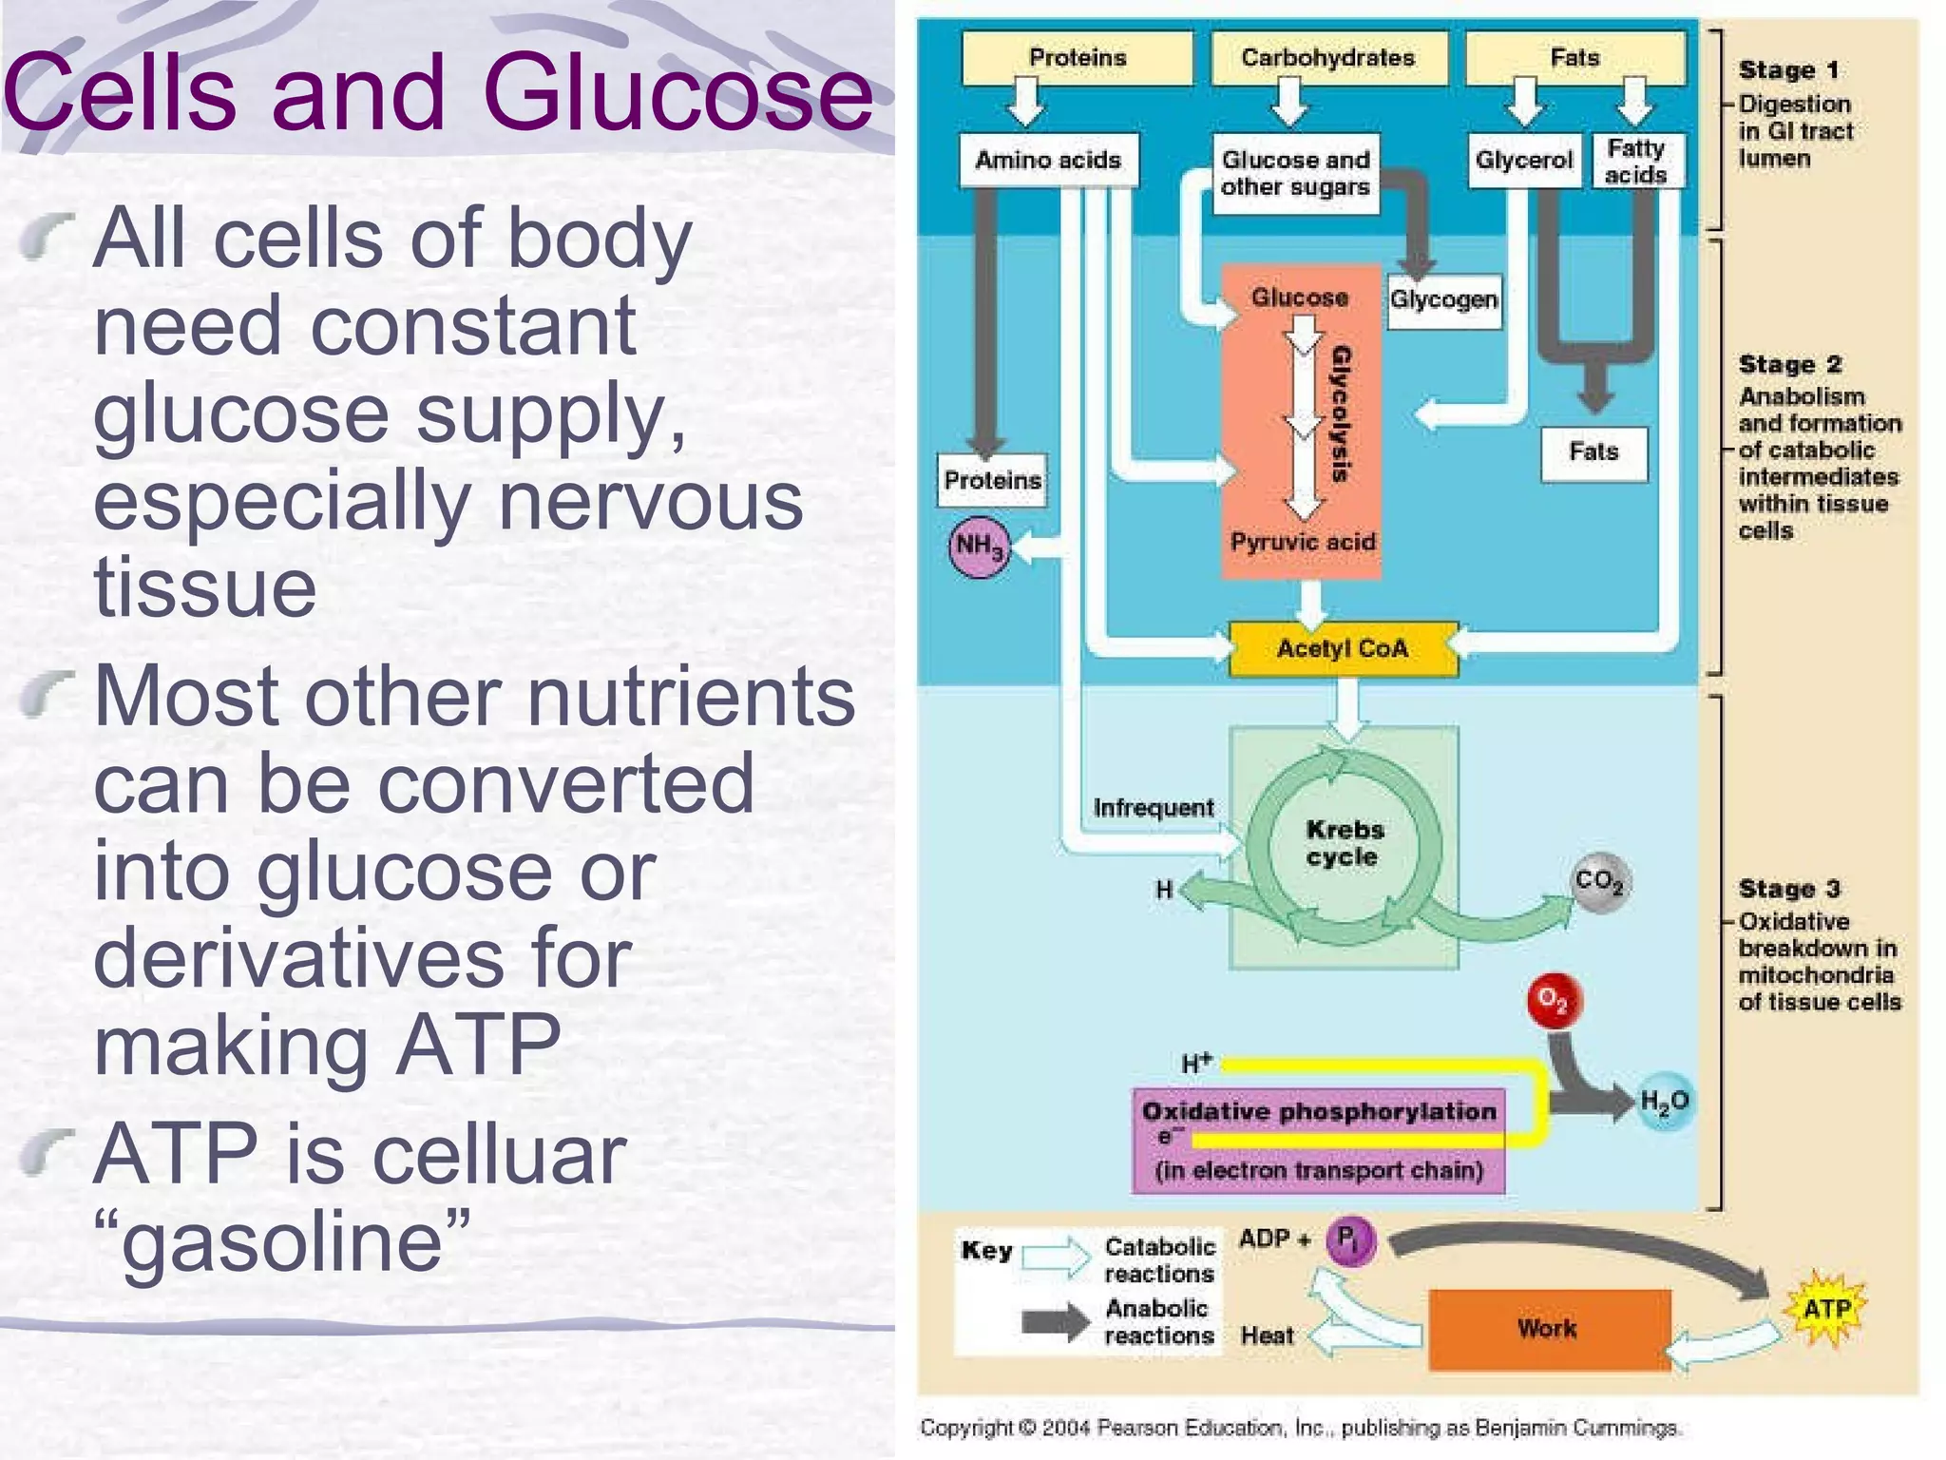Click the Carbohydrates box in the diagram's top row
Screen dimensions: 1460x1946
1328,58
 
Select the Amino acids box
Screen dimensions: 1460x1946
1048,160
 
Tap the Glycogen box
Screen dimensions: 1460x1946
1443,300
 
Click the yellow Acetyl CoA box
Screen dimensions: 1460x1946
1342,649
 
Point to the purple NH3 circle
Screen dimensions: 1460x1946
979,547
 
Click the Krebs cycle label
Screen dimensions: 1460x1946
1344,843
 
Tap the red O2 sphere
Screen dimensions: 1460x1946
1553,1000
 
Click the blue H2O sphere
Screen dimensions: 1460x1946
1665,1102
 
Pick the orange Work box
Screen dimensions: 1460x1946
1548,1329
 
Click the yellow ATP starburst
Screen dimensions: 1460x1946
1825,1310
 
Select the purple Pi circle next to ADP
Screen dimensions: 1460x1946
1349,1239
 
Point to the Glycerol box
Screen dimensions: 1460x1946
1523,161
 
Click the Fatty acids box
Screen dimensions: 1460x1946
1635,162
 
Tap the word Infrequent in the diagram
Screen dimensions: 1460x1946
1153,808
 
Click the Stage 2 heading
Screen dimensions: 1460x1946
1789,365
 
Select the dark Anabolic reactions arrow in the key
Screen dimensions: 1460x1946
1055,1322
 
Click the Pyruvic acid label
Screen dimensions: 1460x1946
1302,542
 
